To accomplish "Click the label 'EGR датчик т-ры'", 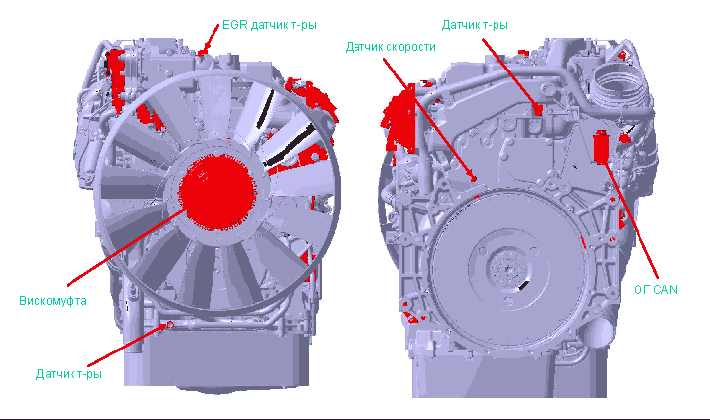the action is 269,25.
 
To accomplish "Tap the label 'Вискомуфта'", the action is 53,301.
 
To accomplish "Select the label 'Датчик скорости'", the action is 390,47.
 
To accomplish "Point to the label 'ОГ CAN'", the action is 655,290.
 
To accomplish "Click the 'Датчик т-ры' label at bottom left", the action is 69,374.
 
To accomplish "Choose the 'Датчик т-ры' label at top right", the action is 475,25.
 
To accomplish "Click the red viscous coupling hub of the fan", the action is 215,192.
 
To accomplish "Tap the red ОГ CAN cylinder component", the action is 601,147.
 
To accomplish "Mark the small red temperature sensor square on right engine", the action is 537,110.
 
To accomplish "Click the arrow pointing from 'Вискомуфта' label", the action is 126,247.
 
